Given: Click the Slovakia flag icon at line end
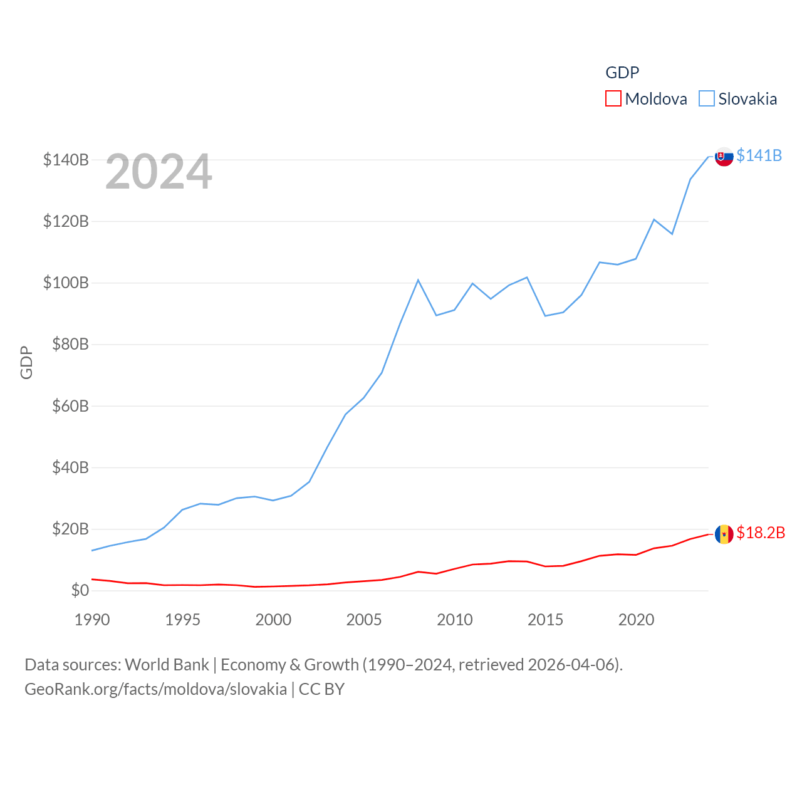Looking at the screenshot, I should point(724,157).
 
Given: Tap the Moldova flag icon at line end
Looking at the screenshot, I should point(724,534).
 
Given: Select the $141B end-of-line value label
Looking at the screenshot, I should point(759,155).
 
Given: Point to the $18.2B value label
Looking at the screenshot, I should point(761,533).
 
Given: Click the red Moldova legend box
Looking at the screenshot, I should point(613,99).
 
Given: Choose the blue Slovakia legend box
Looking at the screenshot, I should point(706,99).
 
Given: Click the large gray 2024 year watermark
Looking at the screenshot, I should point(159,172).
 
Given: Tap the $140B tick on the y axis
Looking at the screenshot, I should point(66,160).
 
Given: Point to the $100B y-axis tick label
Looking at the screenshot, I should point(66,283).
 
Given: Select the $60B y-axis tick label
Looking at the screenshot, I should point(70,406).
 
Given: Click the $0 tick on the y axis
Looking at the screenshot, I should point(80,590).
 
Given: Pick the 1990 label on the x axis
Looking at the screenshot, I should point(92,620).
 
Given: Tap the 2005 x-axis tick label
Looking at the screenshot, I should point(364,620).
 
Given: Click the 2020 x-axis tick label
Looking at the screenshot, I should point(636,620).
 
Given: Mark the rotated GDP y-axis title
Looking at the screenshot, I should point(26,362).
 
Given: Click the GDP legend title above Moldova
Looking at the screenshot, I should point(622,73).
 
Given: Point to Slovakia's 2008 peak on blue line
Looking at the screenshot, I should point(418,280).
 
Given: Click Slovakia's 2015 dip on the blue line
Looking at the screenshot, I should point(545,315).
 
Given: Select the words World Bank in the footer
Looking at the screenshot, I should point(167,664).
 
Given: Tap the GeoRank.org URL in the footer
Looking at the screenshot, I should point(155,689).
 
